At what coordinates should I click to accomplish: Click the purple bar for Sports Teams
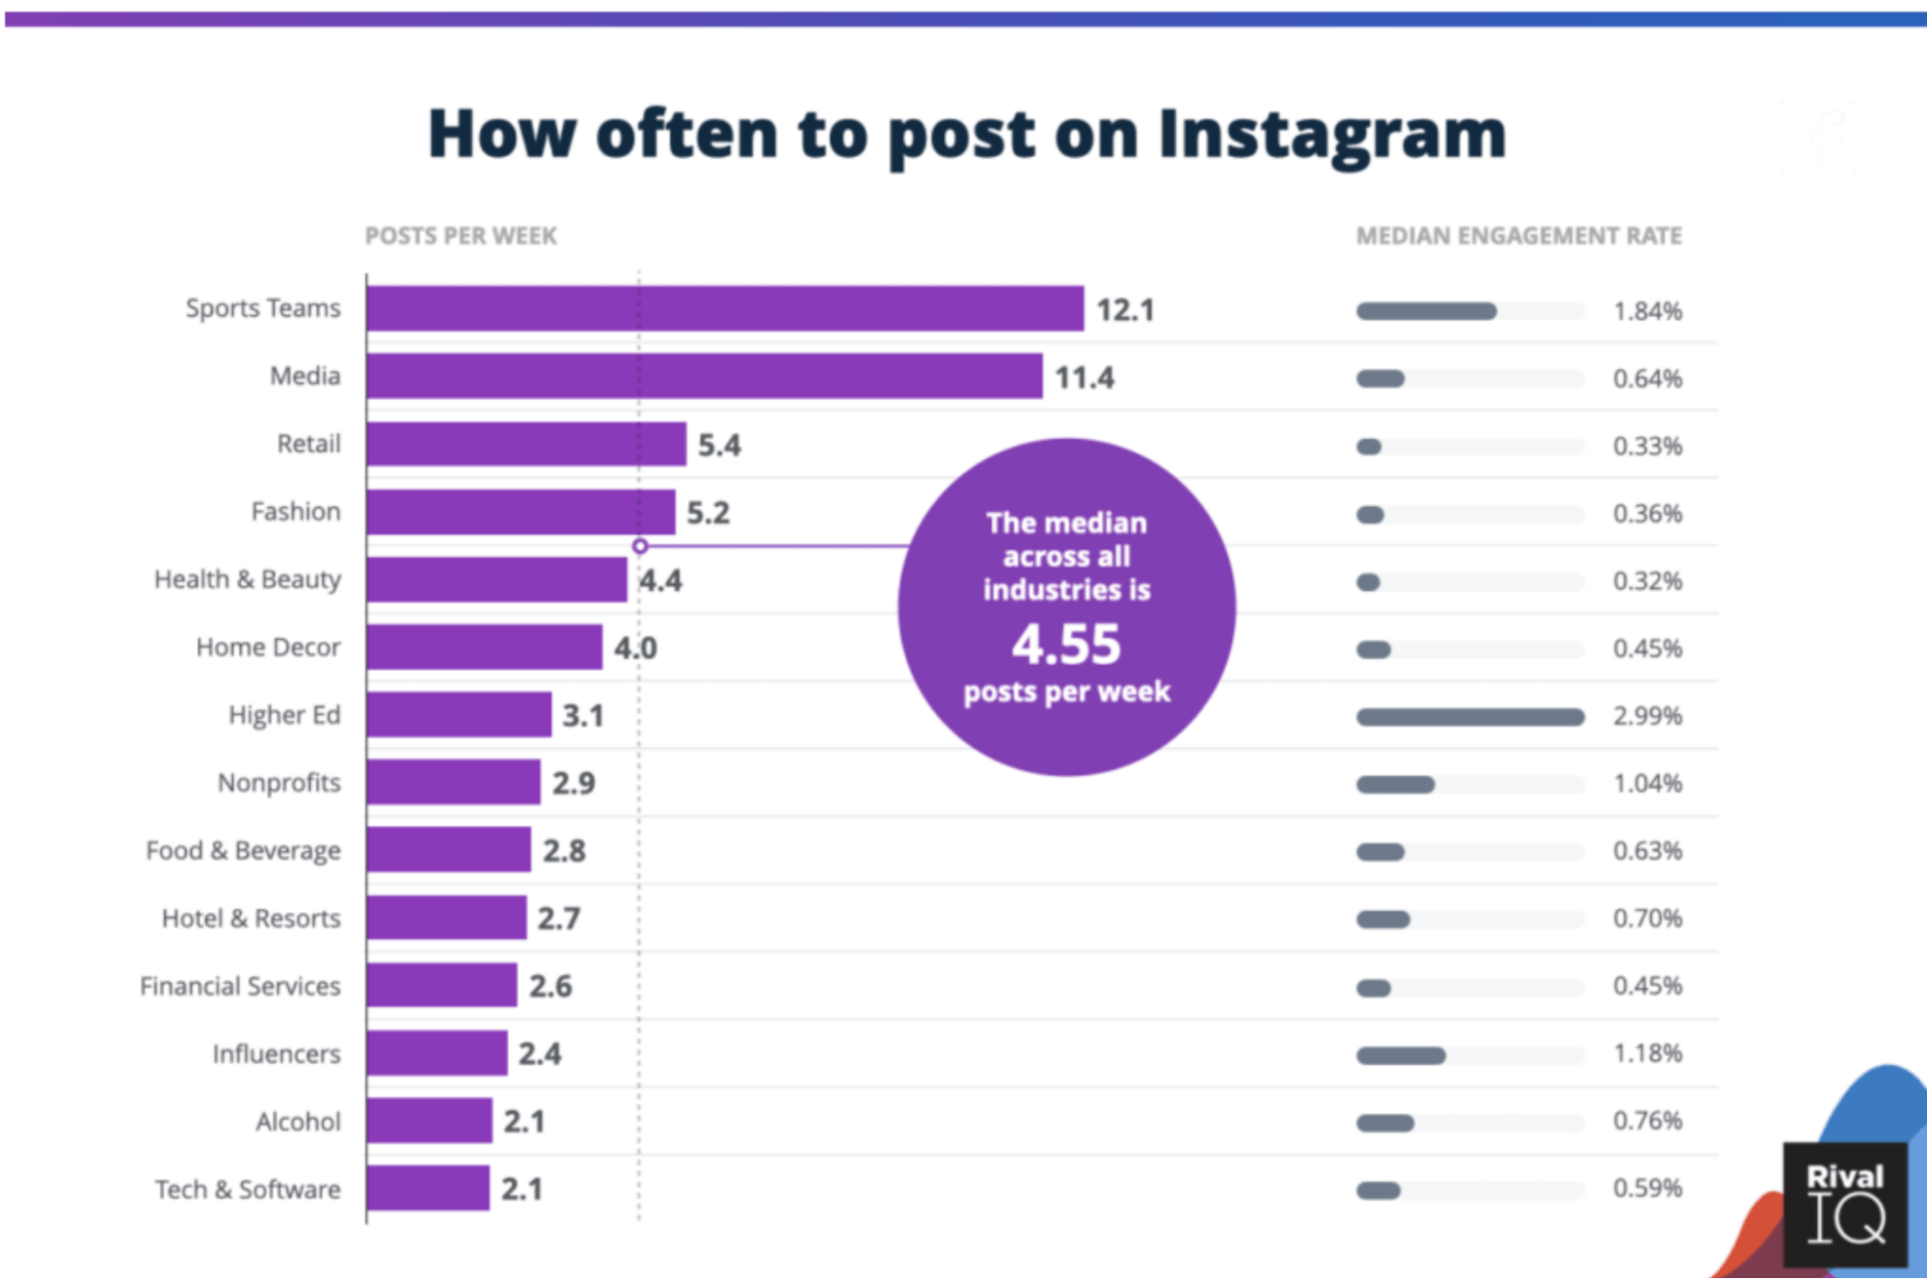tap(725, 308)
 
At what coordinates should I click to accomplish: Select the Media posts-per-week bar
tap(704, 376)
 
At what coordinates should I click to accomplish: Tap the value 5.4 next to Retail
tap(719, 445)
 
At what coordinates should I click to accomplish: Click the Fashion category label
tap(295, 512)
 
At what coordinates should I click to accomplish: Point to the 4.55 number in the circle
tap(1066, 644)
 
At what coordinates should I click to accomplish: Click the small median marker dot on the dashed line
tap(640, 546)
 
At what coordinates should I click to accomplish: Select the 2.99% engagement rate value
tap(1647, 716)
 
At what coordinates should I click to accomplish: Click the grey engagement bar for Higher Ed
tap(1470, 717)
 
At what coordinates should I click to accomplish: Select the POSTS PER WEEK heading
tap(461, 236)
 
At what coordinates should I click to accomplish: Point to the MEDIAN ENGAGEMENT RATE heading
tap(1519, 236)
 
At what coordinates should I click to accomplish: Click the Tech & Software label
tap(248, 1189)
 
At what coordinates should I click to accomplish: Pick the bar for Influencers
tap(437, 1053)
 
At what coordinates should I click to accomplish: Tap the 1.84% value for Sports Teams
tap(1647, 311)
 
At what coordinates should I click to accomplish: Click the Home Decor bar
tap(484, 648)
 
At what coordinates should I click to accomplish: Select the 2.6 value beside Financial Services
tap(550, 986)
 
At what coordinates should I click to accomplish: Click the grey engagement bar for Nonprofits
tap(1396, 785)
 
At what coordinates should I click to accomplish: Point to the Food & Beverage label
tap(243, 851)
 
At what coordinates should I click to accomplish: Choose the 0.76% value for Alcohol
tap(1647, 1121)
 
